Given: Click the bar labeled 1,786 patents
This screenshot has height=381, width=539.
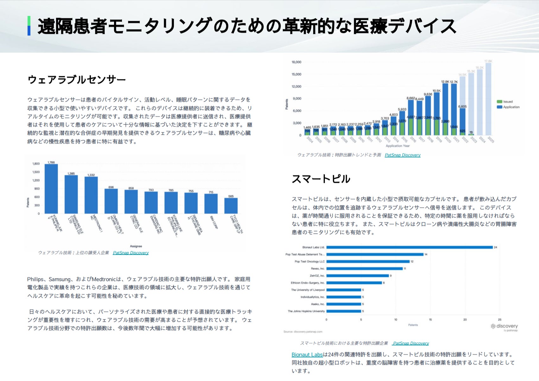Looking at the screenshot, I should pos(51,189).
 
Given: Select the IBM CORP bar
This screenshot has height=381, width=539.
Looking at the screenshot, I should pos(211,204).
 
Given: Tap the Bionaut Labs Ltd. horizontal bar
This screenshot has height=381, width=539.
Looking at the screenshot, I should pos(409,247).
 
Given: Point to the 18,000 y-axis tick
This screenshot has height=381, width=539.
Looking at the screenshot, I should pos(296,62).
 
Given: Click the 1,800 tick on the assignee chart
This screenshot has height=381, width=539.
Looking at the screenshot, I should pos(36,164).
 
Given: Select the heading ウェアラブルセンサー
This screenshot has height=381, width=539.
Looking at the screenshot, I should pos(77,79).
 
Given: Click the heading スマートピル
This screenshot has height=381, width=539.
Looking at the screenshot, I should pos(321,179).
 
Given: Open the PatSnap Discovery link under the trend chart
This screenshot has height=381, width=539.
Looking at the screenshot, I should pos(403,155).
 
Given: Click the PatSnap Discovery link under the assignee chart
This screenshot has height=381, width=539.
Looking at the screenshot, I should pos(130,253).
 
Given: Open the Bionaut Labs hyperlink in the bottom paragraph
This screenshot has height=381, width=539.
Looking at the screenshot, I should pos(307,355).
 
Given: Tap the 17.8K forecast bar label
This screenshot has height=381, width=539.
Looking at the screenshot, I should pos(488,61).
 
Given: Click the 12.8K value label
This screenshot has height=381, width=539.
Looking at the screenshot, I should pos(445,82).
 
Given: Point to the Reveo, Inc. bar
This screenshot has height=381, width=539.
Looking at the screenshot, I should pos(365,269).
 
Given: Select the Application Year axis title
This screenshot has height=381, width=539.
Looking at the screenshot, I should pos(397,146).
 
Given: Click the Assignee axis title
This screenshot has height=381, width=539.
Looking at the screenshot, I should pos(136,246).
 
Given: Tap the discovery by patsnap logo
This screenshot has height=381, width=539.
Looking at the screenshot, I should pos(504,327).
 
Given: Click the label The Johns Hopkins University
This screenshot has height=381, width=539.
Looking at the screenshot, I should pos(306,311).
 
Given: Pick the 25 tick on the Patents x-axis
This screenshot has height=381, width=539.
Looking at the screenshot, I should pos(499,320).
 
